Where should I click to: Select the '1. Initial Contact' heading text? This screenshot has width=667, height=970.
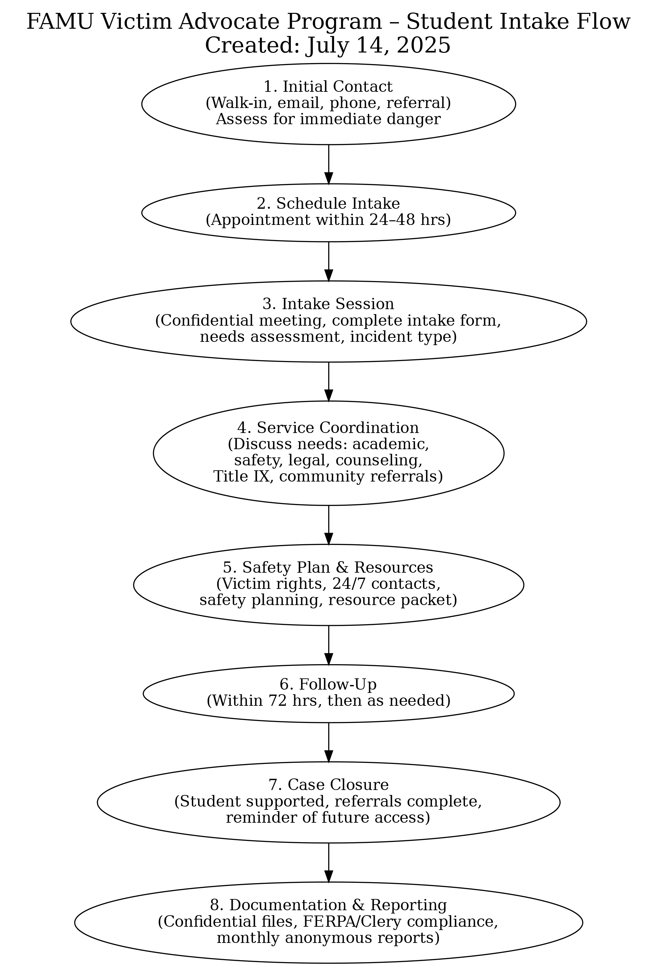pyautogui.click(x=328, y=87)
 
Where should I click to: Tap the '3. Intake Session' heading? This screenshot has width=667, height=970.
pyautogui.click(x=328, y=304)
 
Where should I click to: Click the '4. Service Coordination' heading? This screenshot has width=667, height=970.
pyautogui.click(x=328, y=428)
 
